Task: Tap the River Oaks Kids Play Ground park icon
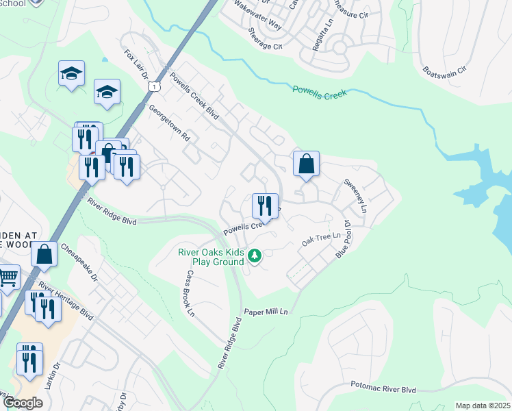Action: pos(255,256)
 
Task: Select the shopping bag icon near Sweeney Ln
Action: pos(306,164)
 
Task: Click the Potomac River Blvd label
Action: pos(383,388)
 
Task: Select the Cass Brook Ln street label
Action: pos(188,293)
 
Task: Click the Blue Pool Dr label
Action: pos(344,238)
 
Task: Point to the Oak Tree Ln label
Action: pos(321,240)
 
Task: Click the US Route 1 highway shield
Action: pos(156,86)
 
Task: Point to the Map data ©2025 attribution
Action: pos(482,406)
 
